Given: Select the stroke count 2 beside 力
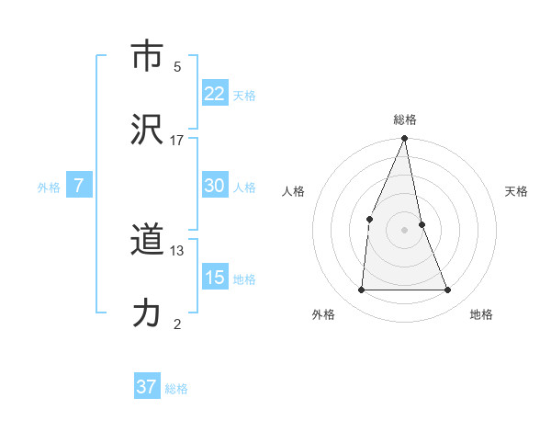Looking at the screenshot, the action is (177, 324).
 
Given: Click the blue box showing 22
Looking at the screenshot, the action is (215, 94).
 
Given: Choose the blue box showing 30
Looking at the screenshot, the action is (215, 186).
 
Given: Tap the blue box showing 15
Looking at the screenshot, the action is (215, 278).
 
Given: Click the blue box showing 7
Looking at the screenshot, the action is (79, 186).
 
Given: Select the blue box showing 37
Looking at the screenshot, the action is (146, 387).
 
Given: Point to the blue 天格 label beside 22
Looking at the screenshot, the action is (244, 96).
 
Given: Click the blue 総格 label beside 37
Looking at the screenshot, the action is (176, 389).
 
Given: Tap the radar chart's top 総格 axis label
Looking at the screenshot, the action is (405, 119).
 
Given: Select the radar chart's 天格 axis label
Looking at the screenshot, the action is (517, 191).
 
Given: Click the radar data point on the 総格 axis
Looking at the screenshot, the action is (405, 139).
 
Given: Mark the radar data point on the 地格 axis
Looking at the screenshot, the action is (448, 290).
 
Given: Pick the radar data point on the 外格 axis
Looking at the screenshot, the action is (361, 290).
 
